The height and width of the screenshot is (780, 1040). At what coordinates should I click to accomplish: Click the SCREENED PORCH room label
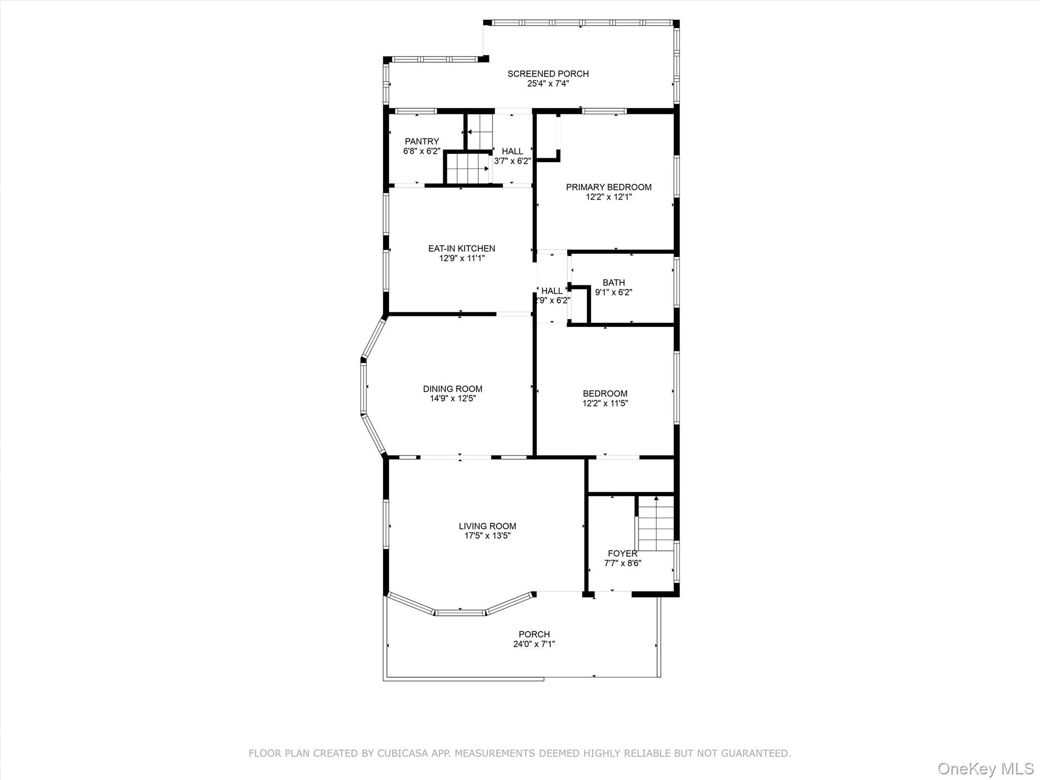(x=548, y=74)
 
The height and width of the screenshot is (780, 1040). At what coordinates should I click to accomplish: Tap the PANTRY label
(x=421, y=142)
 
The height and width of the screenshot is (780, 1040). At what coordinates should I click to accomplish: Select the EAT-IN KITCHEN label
(x=462, y=249)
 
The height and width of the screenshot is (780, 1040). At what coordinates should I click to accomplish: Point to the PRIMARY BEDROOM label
(x=608, y=187)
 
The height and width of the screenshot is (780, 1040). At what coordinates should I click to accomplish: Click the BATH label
(x=613, y=283)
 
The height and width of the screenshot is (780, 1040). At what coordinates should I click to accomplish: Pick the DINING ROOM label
(x=452, y=389)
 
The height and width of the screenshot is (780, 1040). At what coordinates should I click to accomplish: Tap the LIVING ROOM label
(x=487, y=527)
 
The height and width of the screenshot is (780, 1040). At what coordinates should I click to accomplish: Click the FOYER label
(x=623, y=554)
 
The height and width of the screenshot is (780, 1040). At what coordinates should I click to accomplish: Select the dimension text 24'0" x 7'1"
(x=534, y=644)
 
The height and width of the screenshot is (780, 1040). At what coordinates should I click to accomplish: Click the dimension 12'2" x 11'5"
(x=605, y=404)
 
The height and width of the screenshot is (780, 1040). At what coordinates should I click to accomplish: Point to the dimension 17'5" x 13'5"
(x=487, y=536)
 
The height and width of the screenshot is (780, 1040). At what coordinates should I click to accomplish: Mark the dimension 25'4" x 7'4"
(x=548, y=84)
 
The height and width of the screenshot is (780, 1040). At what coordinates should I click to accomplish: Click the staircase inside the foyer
(x=656, y=524)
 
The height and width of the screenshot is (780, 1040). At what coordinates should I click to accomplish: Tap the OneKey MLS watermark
(x=986, y=768)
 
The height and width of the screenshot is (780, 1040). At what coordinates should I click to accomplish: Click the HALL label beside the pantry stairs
(x=512, y=151)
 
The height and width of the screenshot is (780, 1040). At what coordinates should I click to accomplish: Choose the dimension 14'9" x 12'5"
(x=452, y=399)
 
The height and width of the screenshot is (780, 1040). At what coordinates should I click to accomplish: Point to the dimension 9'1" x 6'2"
(x=613, y=292)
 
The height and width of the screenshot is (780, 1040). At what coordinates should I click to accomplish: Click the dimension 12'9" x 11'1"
(x=462, y=258)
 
